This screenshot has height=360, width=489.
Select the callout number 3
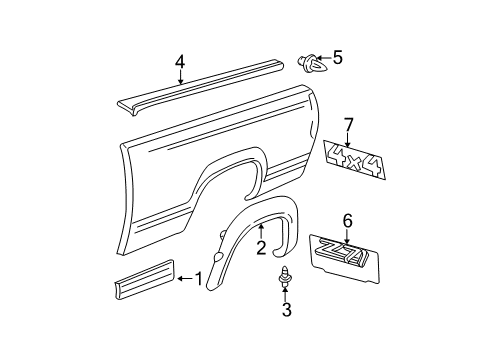click(x=286, y=338)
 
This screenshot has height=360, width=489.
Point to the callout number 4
click(x=180, y=62)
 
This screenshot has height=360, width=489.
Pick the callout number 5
click(x=337, y=58)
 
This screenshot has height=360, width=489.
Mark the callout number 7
click(x=349, y=124)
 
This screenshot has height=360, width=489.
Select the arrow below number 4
click(x=180, y=79)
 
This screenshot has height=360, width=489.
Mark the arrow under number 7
click(x=349, y=140)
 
